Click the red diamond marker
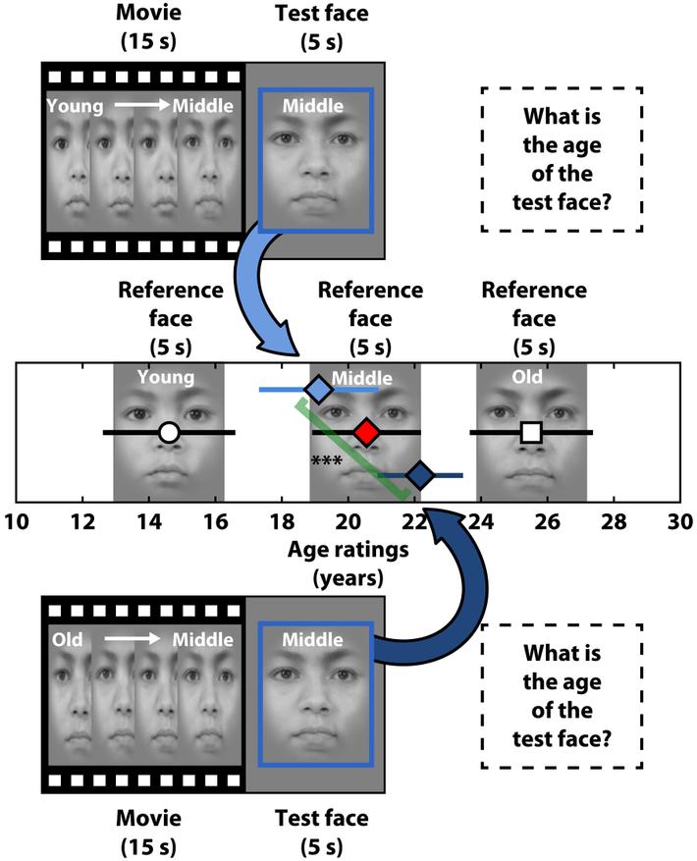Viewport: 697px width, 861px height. point(366,432)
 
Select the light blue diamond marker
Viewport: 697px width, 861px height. point(319,390)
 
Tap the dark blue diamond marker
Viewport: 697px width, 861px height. point(421,475)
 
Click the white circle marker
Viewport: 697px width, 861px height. point(170,433)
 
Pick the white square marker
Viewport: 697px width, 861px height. point(531,433)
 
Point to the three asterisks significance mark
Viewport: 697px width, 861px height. point(327,460)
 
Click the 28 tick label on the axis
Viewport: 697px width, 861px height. point(614,521)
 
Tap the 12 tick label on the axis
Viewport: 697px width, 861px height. point(82,521)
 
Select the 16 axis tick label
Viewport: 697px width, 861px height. point(215,521)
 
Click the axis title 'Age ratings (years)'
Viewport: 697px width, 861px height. point(348,564)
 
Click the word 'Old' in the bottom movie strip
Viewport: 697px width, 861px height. point(67,640)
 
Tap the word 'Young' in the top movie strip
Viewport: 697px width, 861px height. point(75,106)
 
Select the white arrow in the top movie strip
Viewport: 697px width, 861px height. point(141,103)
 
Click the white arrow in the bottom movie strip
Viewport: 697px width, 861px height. point(133,638)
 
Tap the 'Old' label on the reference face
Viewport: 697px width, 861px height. point(527,377)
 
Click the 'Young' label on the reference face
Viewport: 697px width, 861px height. point(166,377)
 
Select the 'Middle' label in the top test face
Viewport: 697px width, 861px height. point(313,105)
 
